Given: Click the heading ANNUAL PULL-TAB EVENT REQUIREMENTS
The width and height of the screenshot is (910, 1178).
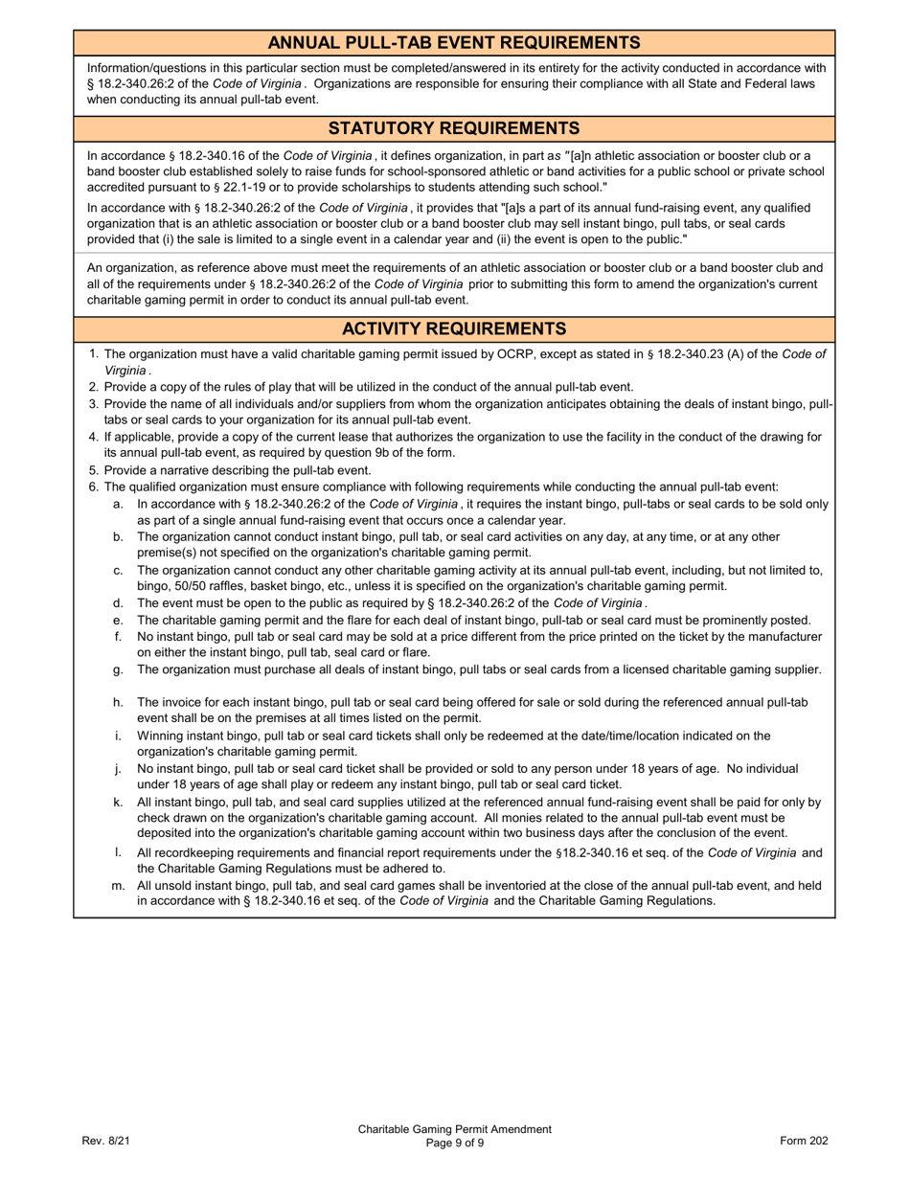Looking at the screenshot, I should (454, 43).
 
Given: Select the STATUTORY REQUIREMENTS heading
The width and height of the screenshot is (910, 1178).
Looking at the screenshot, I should (454, 128).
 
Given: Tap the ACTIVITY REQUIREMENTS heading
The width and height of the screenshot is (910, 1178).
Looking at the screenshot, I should (454, 329).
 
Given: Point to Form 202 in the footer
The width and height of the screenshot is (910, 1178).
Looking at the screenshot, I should (804, 1141).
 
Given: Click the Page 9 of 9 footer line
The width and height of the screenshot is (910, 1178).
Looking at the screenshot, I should (455, 1143).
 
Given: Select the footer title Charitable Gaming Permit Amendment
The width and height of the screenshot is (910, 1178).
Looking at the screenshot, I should (455, 1129).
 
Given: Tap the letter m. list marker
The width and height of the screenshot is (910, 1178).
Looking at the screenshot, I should (119, 886).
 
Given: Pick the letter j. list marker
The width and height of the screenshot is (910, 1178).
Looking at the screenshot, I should (119, 768).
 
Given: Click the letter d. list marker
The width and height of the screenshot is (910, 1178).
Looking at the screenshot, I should (119, 603).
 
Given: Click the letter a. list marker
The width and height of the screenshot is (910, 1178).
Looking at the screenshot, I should (119, 504).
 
